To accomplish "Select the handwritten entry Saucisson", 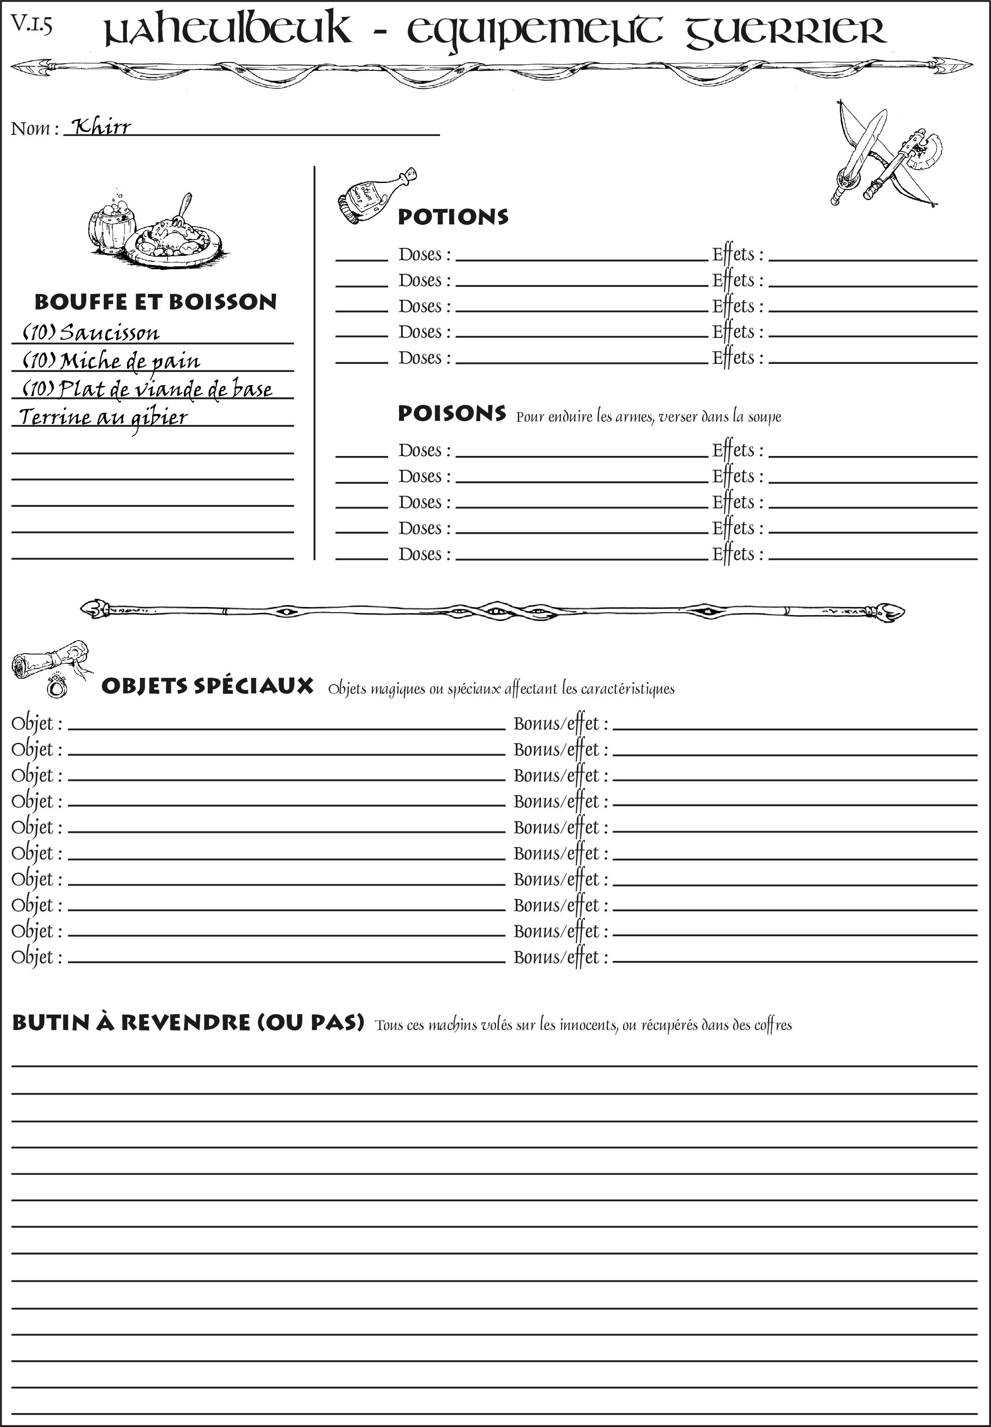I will pyautogui.click(x=109, y=333).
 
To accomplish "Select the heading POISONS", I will pyautogui.click(x=451, y=414).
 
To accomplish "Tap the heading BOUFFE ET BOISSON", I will pyautogui.click(x=155, y=302).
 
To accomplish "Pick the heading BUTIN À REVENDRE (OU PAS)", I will pyautogui.click(x=188, y=1022).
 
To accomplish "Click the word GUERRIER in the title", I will pyautogui.click(x=785, y=31).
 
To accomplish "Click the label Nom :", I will pyautogui.click(x=35, y=129).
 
